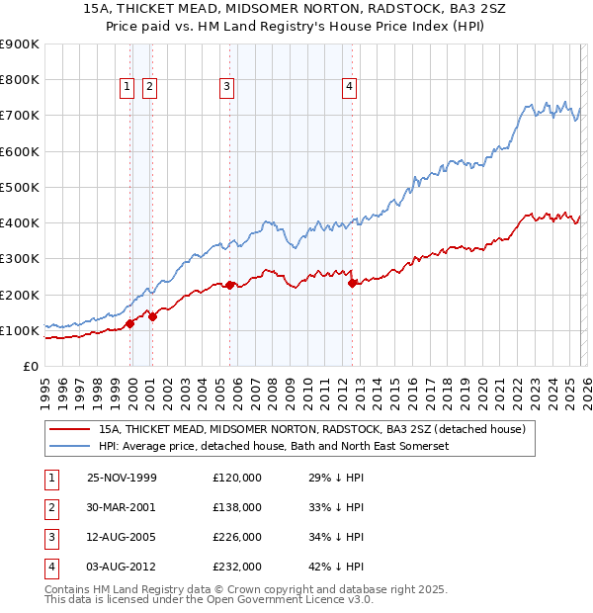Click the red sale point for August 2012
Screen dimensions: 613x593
point(353,283)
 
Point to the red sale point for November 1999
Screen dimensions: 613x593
point(130,323)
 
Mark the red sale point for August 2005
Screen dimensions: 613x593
point(230,285)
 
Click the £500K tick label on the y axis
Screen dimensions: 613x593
point(19,187)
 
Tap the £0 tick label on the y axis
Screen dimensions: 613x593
point(30,366)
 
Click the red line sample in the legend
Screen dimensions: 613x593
point(68,430)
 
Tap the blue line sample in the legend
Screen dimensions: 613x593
point(68,447)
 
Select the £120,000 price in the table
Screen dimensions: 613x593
point(237,478)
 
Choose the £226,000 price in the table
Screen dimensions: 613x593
point(237,537)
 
